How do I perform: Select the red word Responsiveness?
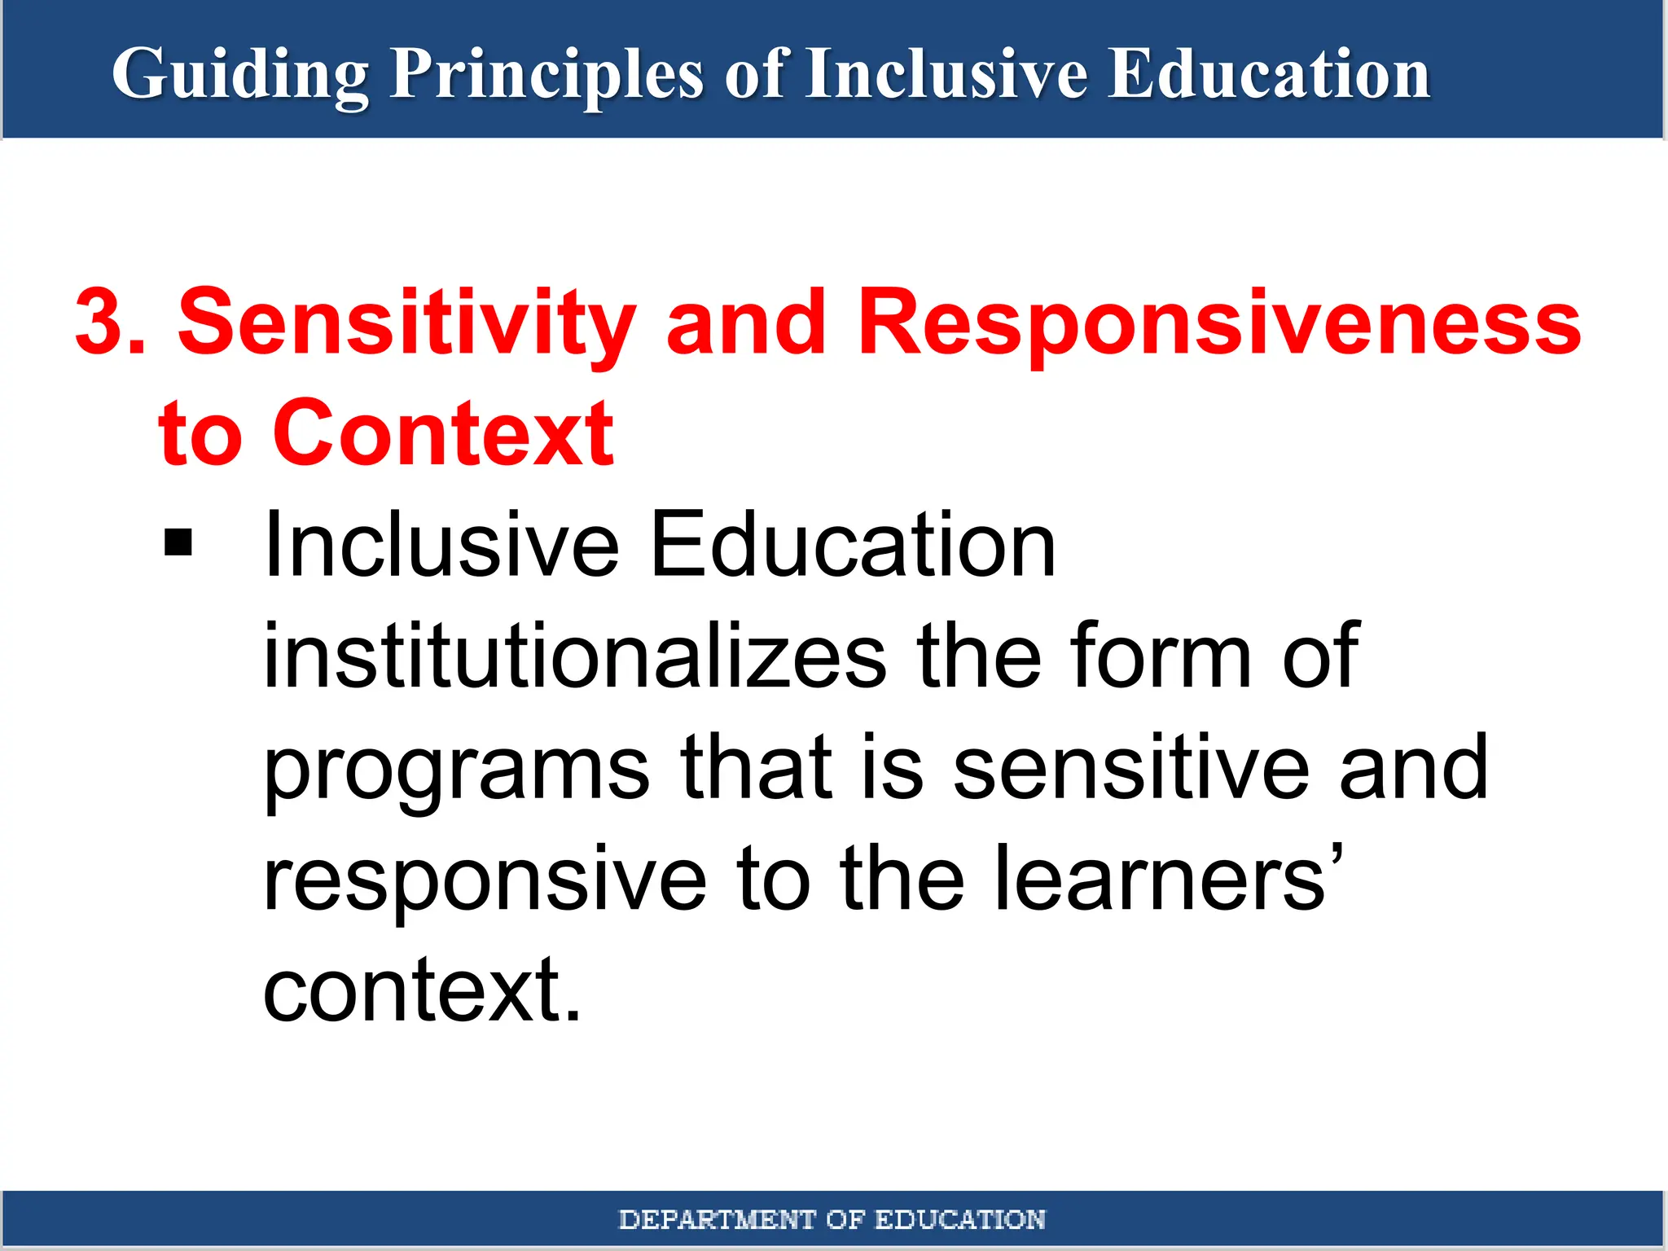[x=1218, y=323]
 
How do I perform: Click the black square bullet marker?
[x=178, y=542]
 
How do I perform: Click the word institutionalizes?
[x=574, y=656]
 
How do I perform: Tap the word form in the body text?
[x=1161, y=656]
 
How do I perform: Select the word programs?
[x=456, y=770]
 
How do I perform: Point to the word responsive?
[x=485, y=880]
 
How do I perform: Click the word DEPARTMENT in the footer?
[x=717, y=1219]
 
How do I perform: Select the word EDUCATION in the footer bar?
[x=959, y=1219]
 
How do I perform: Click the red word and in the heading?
[x=746, y=323]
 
